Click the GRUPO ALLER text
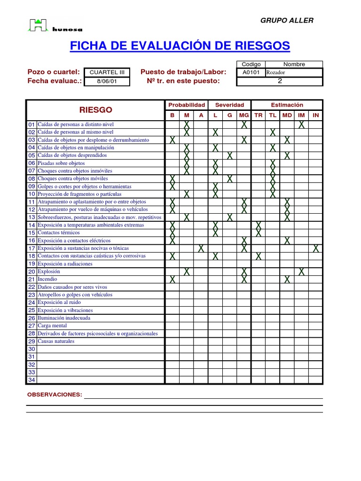(287, 20)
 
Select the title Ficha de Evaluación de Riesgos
(180, 46)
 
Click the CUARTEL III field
(107, 72)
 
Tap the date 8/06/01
(107, 81)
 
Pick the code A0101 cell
(251, 72)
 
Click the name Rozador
(276, 72)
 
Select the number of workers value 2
(280, 81)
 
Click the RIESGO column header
(96, 110)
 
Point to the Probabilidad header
(187, 105)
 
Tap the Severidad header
(229, 105)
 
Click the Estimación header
(287, 105)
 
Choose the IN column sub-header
(316, 115)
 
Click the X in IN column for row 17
(316, 248)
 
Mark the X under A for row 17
(201, 248)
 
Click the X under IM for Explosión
(301, 272)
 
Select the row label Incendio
(47, 279)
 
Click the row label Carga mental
(52, 326)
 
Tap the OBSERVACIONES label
(55, 395)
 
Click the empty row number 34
(31, 380)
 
